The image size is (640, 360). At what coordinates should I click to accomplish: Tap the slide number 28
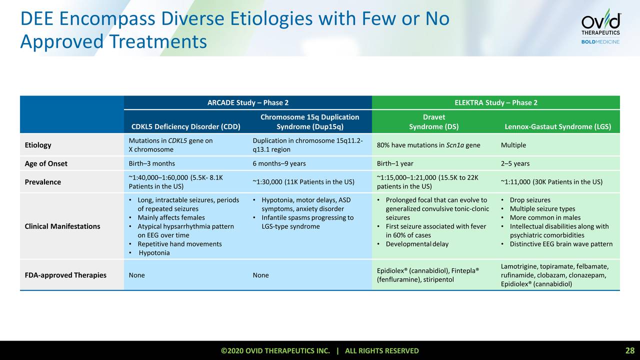(629, 350)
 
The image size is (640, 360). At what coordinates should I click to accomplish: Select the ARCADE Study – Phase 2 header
(248, 103)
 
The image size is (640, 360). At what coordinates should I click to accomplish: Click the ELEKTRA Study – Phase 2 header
(496, 103)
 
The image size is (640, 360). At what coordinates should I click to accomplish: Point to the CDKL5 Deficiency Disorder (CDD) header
(185, 126)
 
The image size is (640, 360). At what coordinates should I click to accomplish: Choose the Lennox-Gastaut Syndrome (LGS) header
(558, 126)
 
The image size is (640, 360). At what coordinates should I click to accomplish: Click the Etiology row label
(38, 145)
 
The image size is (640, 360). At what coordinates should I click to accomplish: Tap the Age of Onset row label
(46, 163)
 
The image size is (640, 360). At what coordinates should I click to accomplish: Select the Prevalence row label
(43, 182)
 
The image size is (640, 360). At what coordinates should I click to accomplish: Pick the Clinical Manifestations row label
(62, 226)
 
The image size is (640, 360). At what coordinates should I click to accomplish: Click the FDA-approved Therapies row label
(65, 275)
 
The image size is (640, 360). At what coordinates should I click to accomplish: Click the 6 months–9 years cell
(279, 163)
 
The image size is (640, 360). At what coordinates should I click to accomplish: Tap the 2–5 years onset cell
(515, 163)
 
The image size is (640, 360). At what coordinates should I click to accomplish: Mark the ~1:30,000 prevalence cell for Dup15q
(303, 182)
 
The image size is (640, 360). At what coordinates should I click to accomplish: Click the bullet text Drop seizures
(530, 200)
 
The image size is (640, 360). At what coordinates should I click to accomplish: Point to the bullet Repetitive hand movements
(179, 244)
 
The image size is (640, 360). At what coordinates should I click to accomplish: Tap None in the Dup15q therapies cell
(260, 275)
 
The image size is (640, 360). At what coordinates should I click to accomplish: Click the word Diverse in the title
(192, 19)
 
